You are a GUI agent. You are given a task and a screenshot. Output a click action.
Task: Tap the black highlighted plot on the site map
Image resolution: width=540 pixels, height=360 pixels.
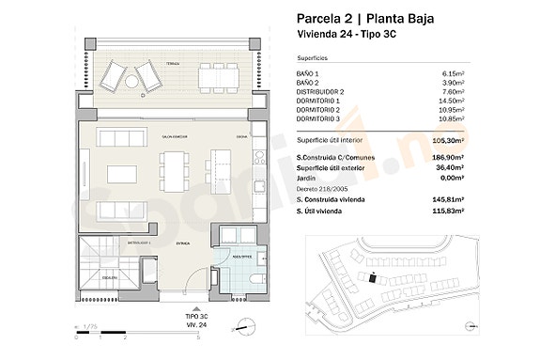(x=374, y=277)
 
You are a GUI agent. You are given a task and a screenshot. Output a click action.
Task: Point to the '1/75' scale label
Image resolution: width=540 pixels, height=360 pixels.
(x=91, y=327)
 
